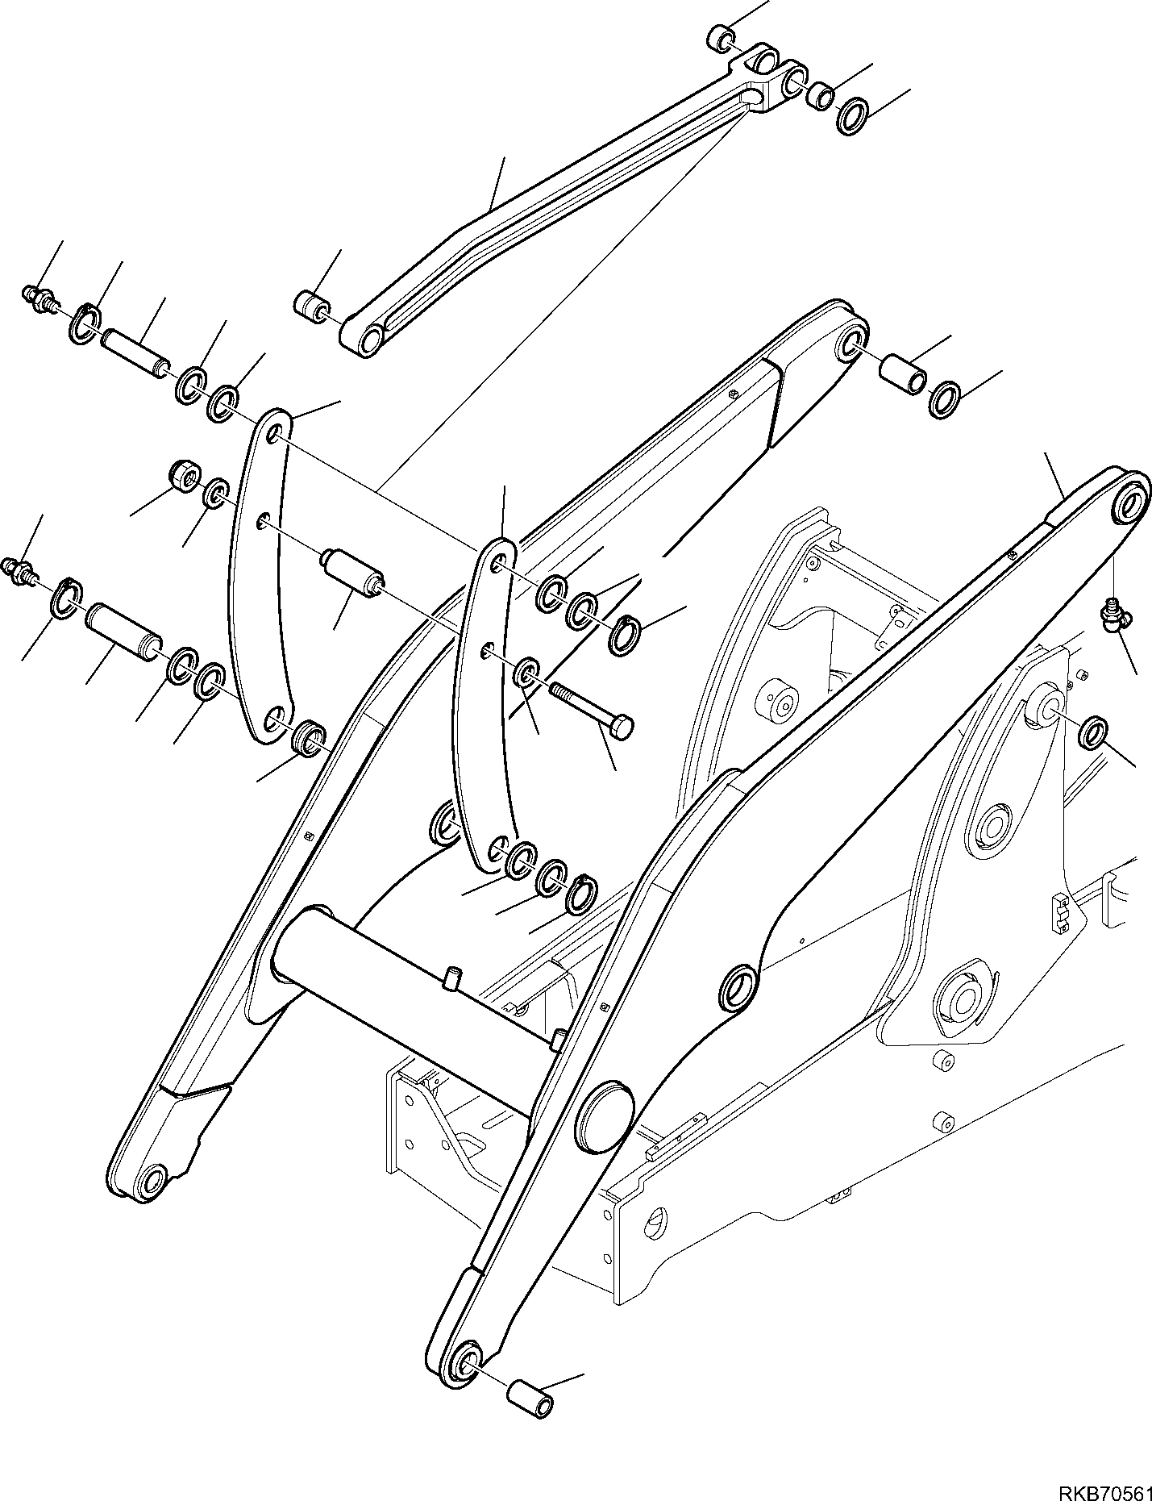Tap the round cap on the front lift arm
point(604,1114)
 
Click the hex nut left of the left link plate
point(184,477)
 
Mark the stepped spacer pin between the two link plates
point(353,571)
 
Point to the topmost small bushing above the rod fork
point(721,15)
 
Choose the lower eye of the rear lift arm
point(151,1182)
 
